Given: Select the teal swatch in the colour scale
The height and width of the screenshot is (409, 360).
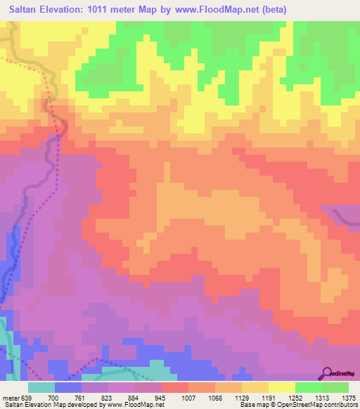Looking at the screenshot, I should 41,387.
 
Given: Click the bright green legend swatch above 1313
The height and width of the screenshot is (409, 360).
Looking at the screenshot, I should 309,387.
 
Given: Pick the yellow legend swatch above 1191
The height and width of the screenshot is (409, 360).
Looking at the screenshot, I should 282,387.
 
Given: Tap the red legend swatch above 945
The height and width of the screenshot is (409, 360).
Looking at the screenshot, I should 175,387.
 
